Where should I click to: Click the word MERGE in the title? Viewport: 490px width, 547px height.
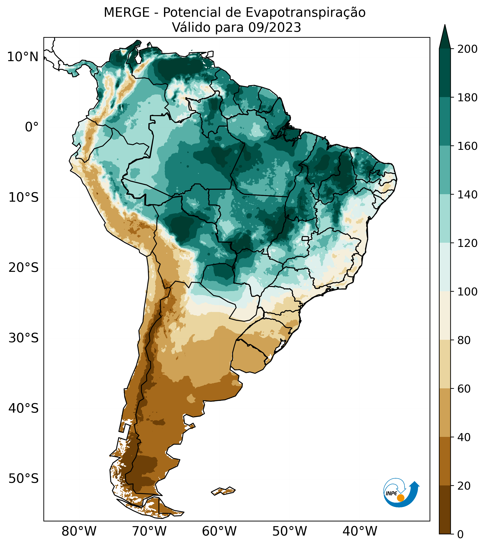(127, 13)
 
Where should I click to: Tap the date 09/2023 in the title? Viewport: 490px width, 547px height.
(275, 28)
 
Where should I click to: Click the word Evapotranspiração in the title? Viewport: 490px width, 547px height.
(306, 13)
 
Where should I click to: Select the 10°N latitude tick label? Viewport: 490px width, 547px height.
(23, 57)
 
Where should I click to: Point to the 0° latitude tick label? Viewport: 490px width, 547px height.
(32, 127)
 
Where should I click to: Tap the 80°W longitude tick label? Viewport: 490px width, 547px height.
(79, 531)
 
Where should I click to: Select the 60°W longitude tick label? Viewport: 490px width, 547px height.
(219, 531)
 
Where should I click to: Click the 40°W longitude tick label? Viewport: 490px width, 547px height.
(360, 531)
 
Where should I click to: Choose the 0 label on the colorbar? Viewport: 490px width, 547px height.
(461, 534)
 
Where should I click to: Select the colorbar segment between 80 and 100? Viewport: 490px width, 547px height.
(445, 316)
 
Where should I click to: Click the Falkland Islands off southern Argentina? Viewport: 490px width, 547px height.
(224, 491)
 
